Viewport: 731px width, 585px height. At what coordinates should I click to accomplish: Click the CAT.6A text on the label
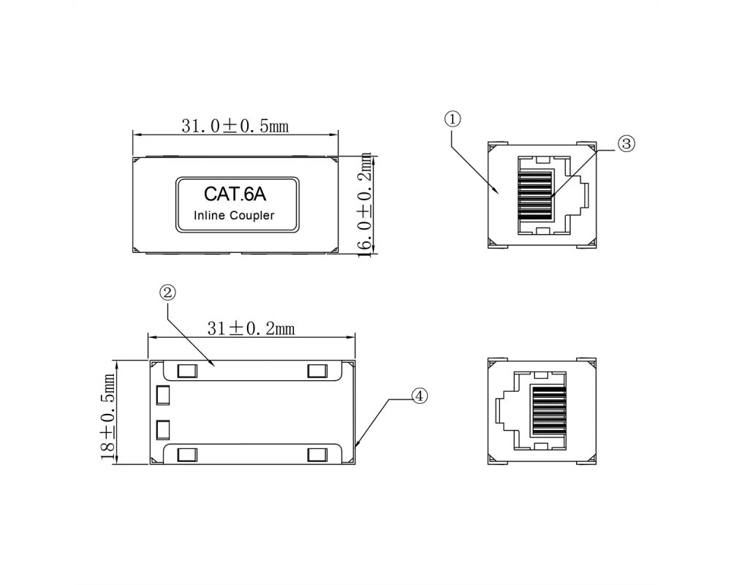coord(235,194)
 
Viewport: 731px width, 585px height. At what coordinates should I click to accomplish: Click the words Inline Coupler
coord(234,216)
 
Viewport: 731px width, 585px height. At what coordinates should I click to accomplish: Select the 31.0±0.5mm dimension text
coord(235,126)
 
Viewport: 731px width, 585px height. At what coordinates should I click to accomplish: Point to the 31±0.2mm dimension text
coord(251,328)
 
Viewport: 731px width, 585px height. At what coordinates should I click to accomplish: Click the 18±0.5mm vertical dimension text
coord(108,417)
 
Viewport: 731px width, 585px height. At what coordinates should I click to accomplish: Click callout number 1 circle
coord(452,119)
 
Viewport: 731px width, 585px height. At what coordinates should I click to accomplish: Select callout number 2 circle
coord(168,293)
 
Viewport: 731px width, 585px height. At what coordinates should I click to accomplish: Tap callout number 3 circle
coord(626,143)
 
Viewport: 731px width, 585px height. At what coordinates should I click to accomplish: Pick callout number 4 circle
coord(419,396)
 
